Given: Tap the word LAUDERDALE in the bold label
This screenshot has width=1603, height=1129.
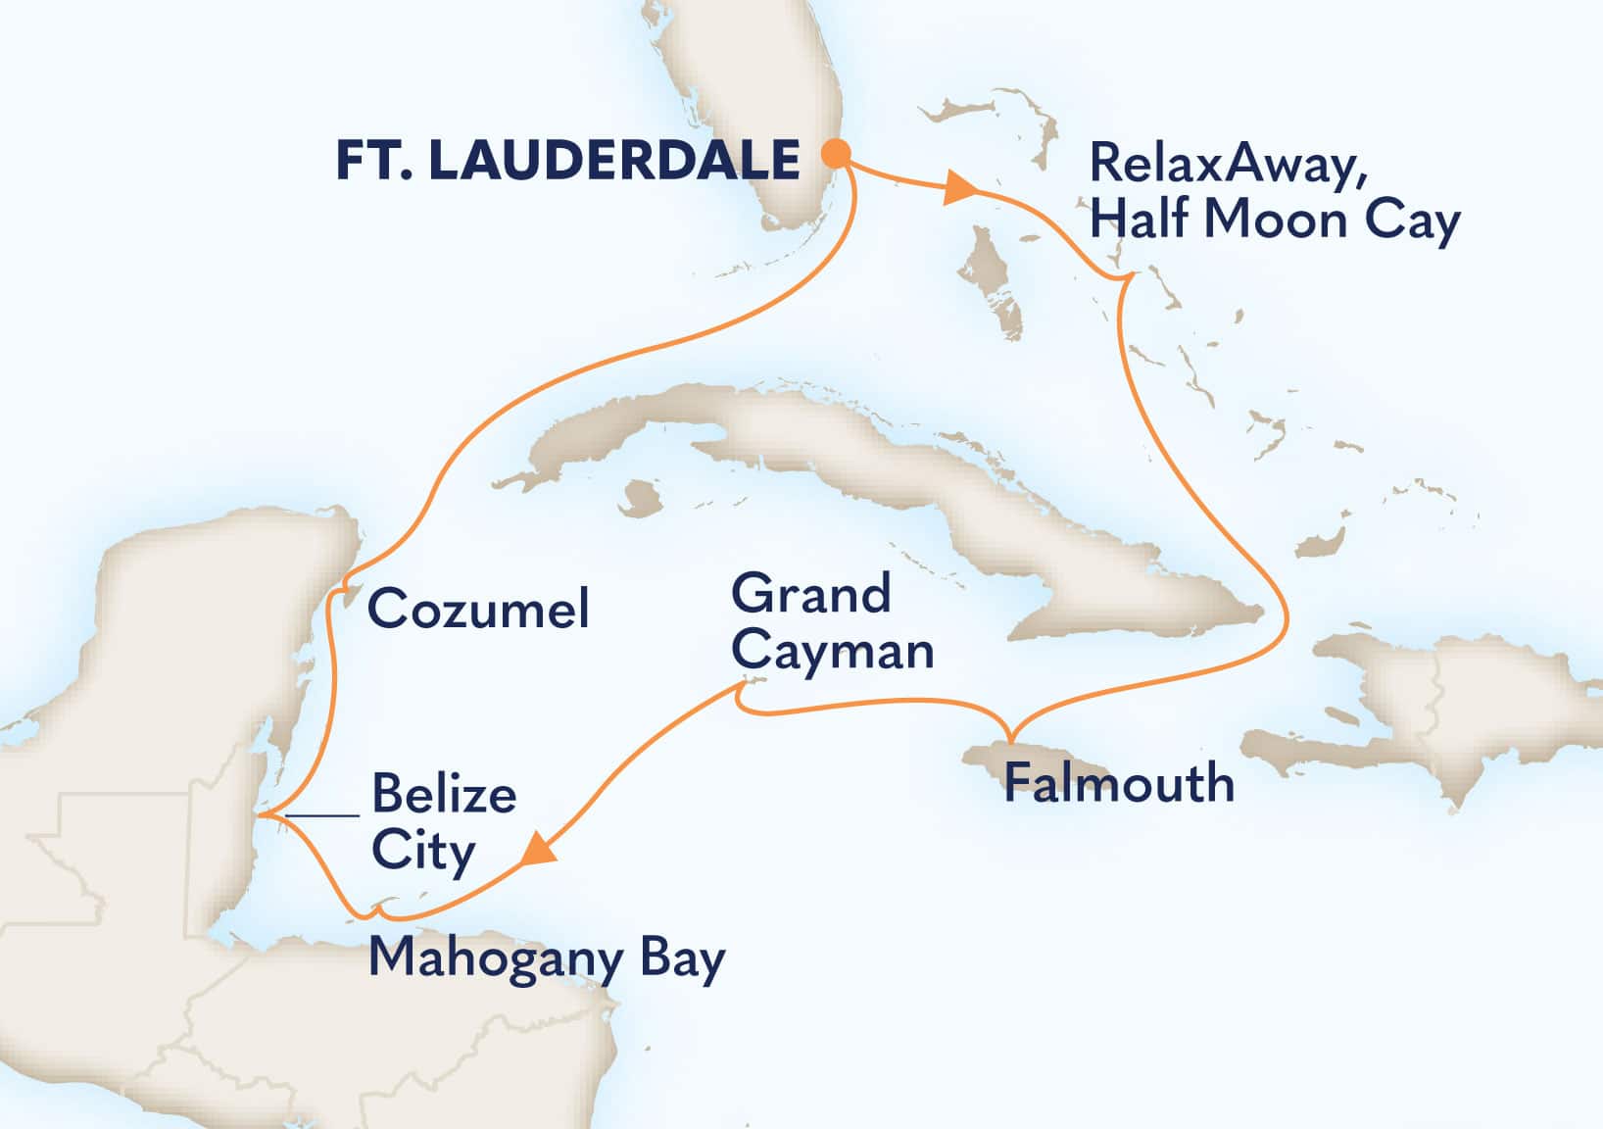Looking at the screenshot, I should pyautogui.click(x=614, y=160).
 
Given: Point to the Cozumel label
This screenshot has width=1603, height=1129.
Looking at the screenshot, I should pyautogui.click(x=478, y=609).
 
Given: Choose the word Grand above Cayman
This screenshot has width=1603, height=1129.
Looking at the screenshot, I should pyautogui.click(x=811, y=594).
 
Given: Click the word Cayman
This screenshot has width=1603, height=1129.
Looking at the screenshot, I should pyautogui.click(x=833, y=651).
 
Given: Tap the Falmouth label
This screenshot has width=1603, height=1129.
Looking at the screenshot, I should pyautogui.click(x=1119, y=783).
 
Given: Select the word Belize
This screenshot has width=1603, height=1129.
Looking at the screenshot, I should pyautogui.click(x=444, y=793).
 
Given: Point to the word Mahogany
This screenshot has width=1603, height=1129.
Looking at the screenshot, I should pyautogui.click(x=496, y=957).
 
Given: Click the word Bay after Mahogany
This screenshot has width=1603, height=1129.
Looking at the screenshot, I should pyautogui.click(x=683, y=957).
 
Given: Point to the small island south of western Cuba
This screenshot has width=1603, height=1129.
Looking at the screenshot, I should pyautogui.click(x=641, y=497).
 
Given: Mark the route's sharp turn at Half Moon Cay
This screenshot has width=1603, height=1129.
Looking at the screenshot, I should pyautogui.click(x=1127, y=278).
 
